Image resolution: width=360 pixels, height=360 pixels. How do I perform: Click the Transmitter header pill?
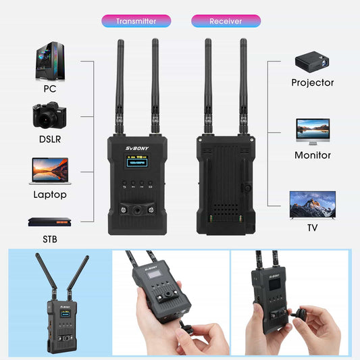tap(135, 21)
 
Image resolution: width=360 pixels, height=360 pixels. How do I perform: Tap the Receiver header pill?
tap(226, 21)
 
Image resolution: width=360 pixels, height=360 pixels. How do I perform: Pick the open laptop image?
tap(49, 171)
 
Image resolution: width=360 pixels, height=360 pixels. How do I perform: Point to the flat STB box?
tap(49, 221)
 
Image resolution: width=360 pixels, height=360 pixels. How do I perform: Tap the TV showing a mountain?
tap(312, 203)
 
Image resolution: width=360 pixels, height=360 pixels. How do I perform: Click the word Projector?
tap(313, 83)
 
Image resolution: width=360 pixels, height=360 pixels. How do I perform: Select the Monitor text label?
tap(313, 155)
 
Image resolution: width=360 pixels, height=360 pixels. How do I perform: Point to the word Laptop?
tap(50, 195)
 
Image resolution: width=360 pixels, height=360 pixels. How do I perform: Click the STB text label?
tap(50, 238)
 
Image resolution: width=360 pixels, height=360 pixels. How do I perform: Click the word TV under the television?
tap(312, 228)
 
